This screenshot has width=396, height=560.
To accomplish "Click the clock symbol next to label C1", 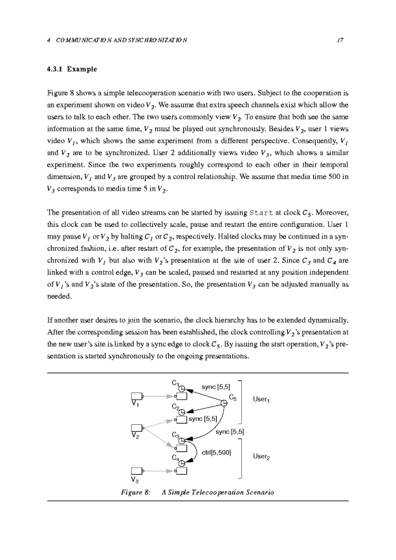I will [182, 388].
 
